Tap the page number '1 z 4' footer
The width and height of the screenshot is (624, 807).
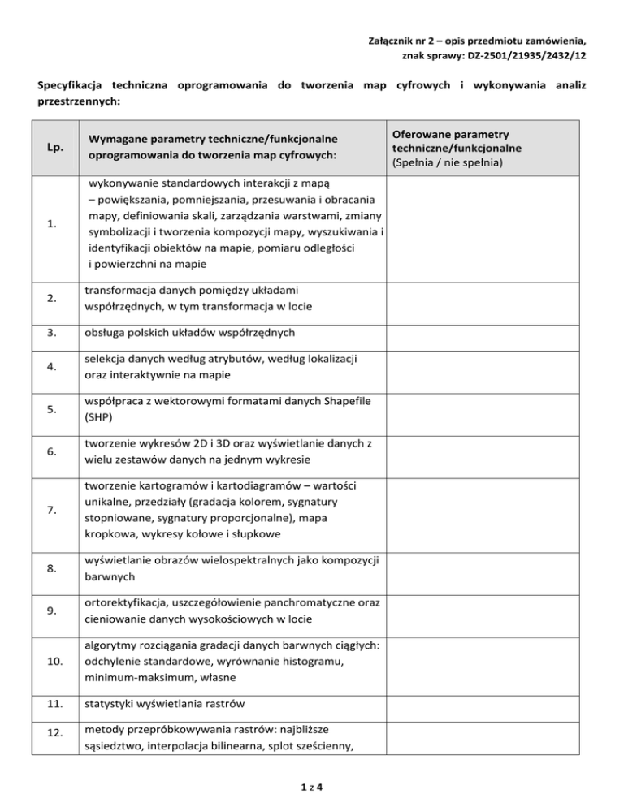click(x=312, y=786)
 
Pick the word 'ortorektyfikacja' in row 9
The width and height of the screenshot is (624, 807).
click(x=122, y=604)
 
